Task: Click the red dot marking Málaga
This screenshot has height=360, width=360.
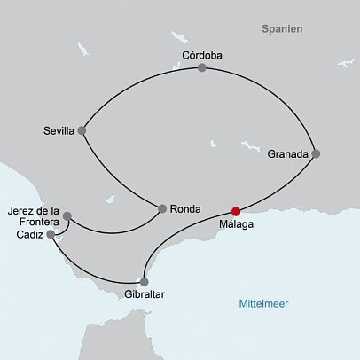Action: (x=236, y=211)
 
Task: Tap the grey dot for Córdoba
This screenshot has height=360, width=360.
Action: (x=203, y=67)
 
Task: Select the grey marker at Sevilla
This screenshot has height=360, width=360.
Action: (x=82, y=130)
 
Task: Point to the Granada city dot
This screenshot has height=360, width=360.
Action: (x=316, y=153)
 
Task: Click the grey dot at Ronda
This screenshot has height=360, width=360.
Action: (x=162, y=208)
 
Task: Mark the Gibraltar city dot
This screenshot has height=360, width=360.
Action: (x=145, y=280)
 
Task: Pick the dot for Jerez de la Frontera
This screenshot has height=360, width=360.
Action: (x=67, y=215)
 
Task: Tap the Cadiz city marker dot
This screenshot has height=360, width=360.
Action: (x=51, y=234)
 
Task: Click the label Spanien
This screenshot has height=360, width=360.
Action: (x=282, y=29)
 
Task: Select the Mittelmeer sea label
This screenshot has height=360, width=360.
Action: (x=270, y=304)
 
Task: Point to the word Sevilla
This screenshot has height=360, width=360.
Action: (x=59, y=131)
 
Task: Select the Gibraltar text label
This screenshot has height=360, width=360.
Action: (x=145, y=293)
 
